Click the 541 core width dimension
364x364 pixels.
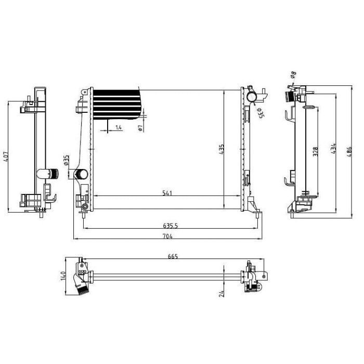click(167, 193)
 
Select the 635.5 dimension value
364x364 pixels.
click(171, 225)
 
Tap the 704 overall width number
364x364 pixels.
click(167, 236)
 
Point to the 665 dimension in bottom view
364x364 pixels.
click(173, 256)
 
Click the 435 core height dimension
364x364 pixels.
click(222, 149)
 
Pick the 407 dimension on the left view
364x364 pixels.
click(6, 157)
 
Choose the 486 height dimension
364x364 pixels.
click(349, 152)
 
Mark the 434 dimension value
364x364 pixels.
click(333, 149)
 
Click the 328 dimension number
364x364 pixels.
click(315, 151)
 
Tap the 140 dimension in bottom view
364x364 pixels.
click(63, 276)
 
